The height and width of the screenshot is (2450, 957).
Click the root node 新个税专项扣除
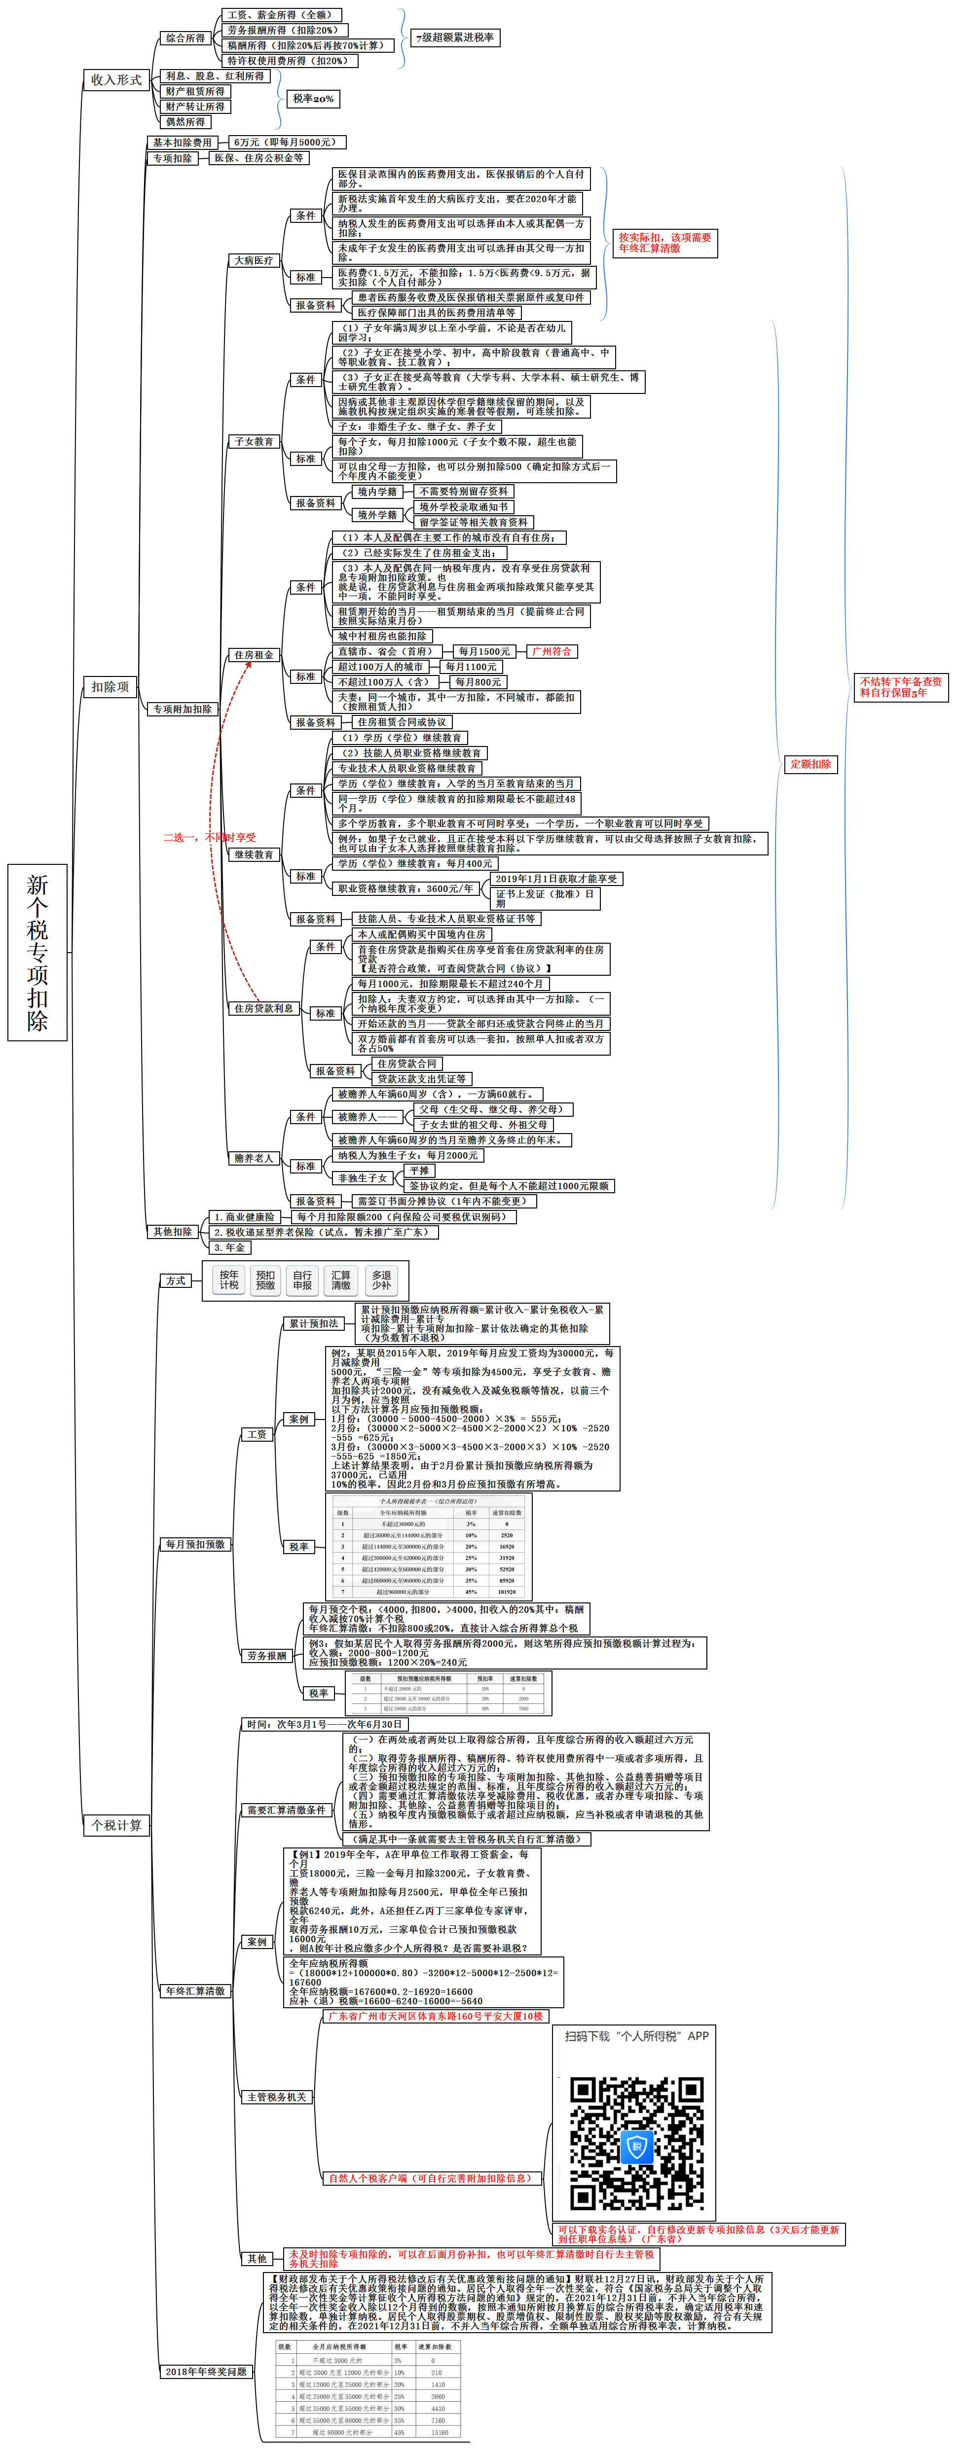click(37, 952)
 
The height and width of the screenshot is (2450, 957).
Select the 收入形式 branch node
click(116, 80)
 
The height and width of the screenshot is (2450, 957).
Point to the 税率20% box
click(313, 99)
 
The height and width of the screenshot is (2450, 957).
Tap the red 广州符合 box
click(552, 651)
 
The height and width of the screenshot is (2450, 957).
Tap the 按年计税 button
click(229, 1280)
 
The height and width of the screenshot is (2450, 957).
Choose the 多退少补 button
click(381, 1280)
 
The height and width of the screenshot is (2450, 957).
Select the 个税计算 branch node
click(116, 1825)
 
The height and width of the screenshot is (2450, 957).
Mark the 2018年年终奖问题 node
click(206, 2371)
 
